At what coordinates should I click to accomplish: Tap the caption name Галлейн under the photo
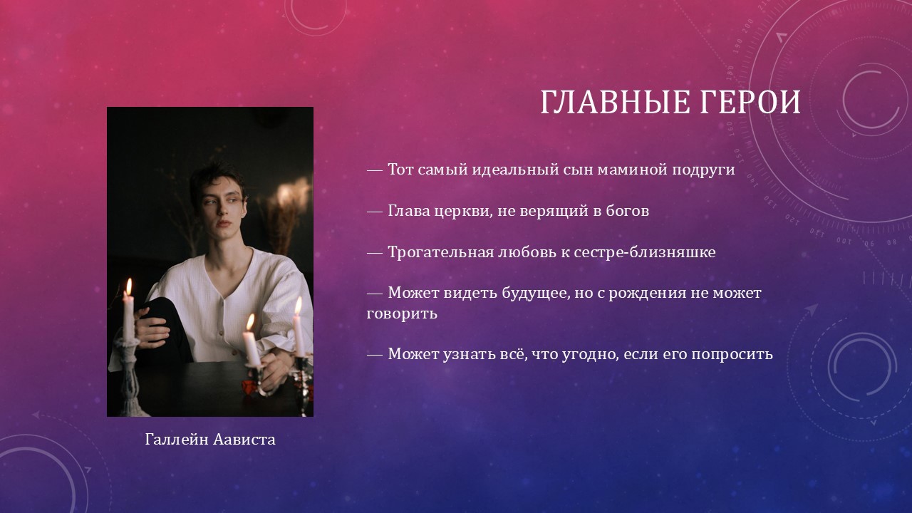click(x=177, y=440)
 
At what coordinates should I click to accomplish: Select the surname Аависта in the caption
click(x=244, y=440)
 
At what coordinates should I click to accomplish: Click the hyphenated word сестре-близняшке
click(x=645, y=252)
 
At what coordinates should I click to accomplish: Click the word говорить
click(x=402, y=314)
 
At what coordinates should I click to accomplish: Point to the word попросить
click(x=732, y=354)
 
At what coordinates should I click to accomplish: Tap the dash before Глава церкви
click(x=375, y=212)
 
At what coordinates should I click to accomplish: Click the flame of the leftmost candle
click(x=129, y=287)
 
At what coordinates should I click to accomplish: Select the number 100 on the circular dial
click(x=844, y=241)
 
